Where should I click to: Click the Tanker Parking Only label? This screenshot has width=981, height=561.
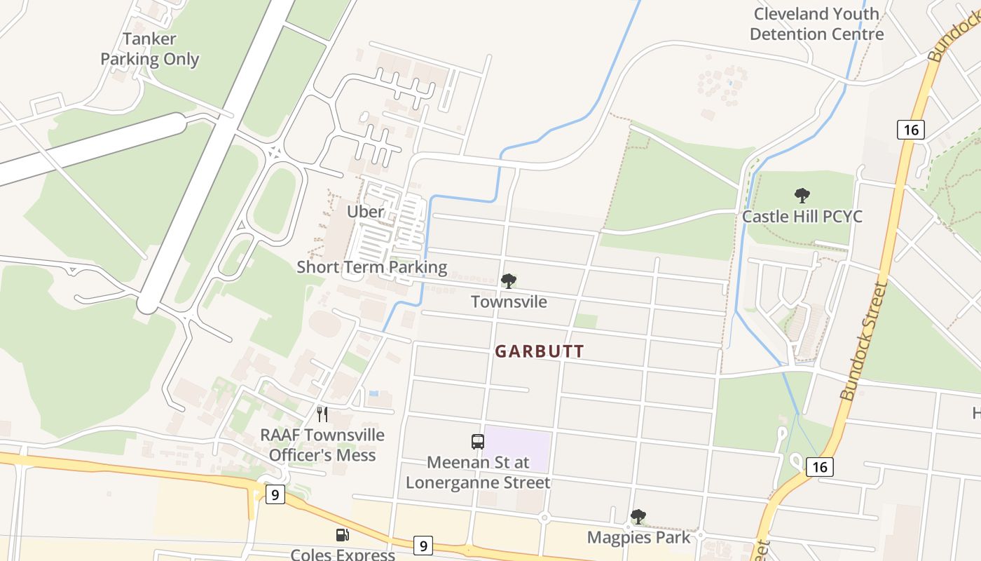(x=149, y=49)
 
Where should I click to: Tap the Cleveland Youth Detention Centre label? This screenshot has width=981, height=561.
(x=816, y=24)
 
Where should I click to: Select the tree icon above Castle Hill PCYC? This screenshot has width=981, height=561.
(x=802, y=196)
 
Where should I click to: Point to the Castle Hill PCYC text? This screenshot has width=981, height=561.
(x=802, y=216)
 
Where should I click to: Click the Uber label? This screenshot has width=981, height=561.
(x=365, y=211)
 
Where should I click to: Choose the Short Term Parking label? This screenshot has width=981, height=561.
(x=371, y=267)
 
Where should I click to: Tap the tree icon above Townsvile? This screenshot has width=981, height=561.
(x=509, y=281)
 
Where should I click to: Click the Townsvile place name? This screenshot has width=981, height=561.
(x=509, y=302)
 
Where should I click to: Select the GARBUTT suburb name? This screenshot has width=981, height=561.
(x=540, y=351)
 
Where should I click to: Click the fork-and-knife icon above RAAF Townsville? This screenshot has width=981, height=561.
(x=322, y=414)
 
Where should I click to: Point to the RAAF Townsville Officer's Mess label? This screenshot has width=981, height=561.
(x=322, y=445)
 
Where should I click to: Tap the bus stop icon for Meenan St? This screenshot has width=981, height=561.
(x=478, y=442)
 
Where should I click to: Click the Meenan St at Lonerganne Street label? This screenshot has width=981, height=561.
(x=478, y=473)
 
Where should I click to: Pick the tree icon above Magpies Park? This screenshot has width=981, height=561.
(x=638, y=517)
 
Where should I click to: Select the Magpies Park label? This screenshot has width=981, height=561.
(x=638, y=537)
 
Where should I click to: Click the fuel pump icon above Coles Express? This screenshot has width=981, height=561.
(x=343, y=535)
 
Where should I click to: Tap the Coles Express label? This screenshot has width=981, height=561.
(x=343, y=554)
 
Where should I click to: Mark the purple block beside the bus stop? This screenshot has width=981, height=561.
(x=517, y=449)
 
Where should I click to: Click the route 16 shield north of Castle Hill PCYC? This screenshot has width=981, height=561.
(x=910, y=129)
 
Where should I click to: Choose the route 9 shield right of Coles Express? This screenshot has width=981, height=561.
(x=422, y=545)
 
